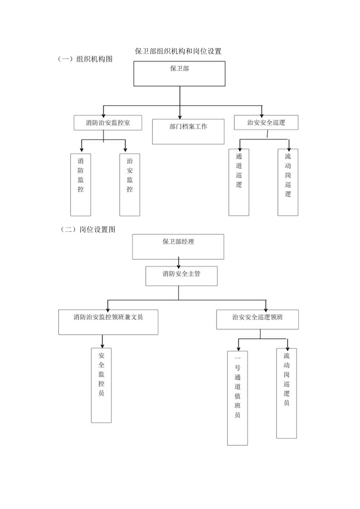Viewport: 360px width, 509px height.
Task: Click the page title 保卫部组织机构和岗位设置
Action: click(178, 51)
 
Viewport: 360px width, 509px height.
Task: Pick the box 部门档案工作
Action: click(188, 131)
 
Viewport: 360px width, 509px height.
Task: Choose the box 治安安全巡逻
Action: click(266, 122)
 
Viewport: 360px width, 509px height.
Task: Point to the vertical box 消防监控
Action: click(81, 184)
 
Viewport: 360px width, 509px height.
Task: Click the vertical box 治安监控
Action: click(130, 184)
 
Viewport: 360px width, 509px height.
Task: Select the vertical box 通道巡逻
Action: click(239, 182)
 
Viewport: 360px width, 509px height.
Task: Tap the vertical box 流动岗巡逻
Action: click(288, 182)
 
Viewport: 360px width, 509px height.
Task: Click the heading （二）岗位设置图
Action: click(87, 230)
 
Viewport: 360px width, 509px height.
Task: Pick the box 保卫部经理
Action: click(178, 246)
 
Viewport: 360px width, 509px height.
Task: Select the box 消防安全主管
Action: click(181, 276)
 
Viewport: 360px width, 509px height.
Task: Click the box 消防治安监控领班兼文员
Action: click(108, 322)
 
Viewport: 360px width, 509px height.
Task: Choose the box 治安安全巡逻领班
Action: click(257, 319)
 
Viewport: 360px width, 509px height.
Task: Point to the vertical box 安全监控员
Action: click(101, 385)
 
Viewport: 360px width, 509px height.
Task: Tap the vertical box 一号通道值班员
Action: click(238, 397)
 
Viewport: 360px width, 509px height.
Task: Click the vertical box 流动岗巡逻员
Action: click(286, 393)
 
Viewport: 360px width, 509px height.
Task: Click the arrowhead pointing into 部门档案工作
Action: click(180, 116)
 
